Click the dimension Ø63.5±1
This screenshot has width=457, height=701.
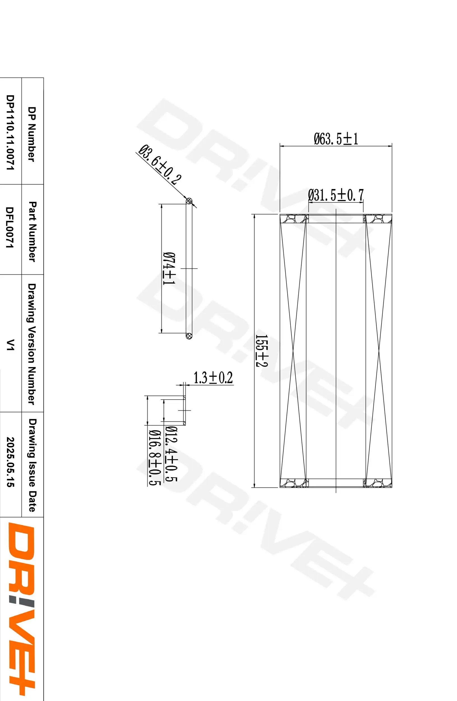tap(336, 139)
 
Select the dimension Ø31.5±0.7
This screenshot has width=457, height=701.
tap(336, 195)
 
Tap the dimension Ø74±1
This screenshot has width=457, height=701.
tap(169, 268)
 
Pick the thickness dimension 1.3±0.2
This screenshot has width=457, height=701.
tap(213, 378)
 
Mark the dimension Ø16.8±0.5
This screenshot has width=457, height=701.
tap(154, 457)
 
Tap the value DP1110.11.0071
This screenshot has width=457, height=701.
tap(10, 132)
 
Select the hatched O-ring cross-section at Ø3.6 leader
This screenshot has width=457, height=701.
tap(189, 201)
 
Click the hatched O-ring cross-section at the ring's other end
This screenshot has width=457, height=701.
tap(189, 335)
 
